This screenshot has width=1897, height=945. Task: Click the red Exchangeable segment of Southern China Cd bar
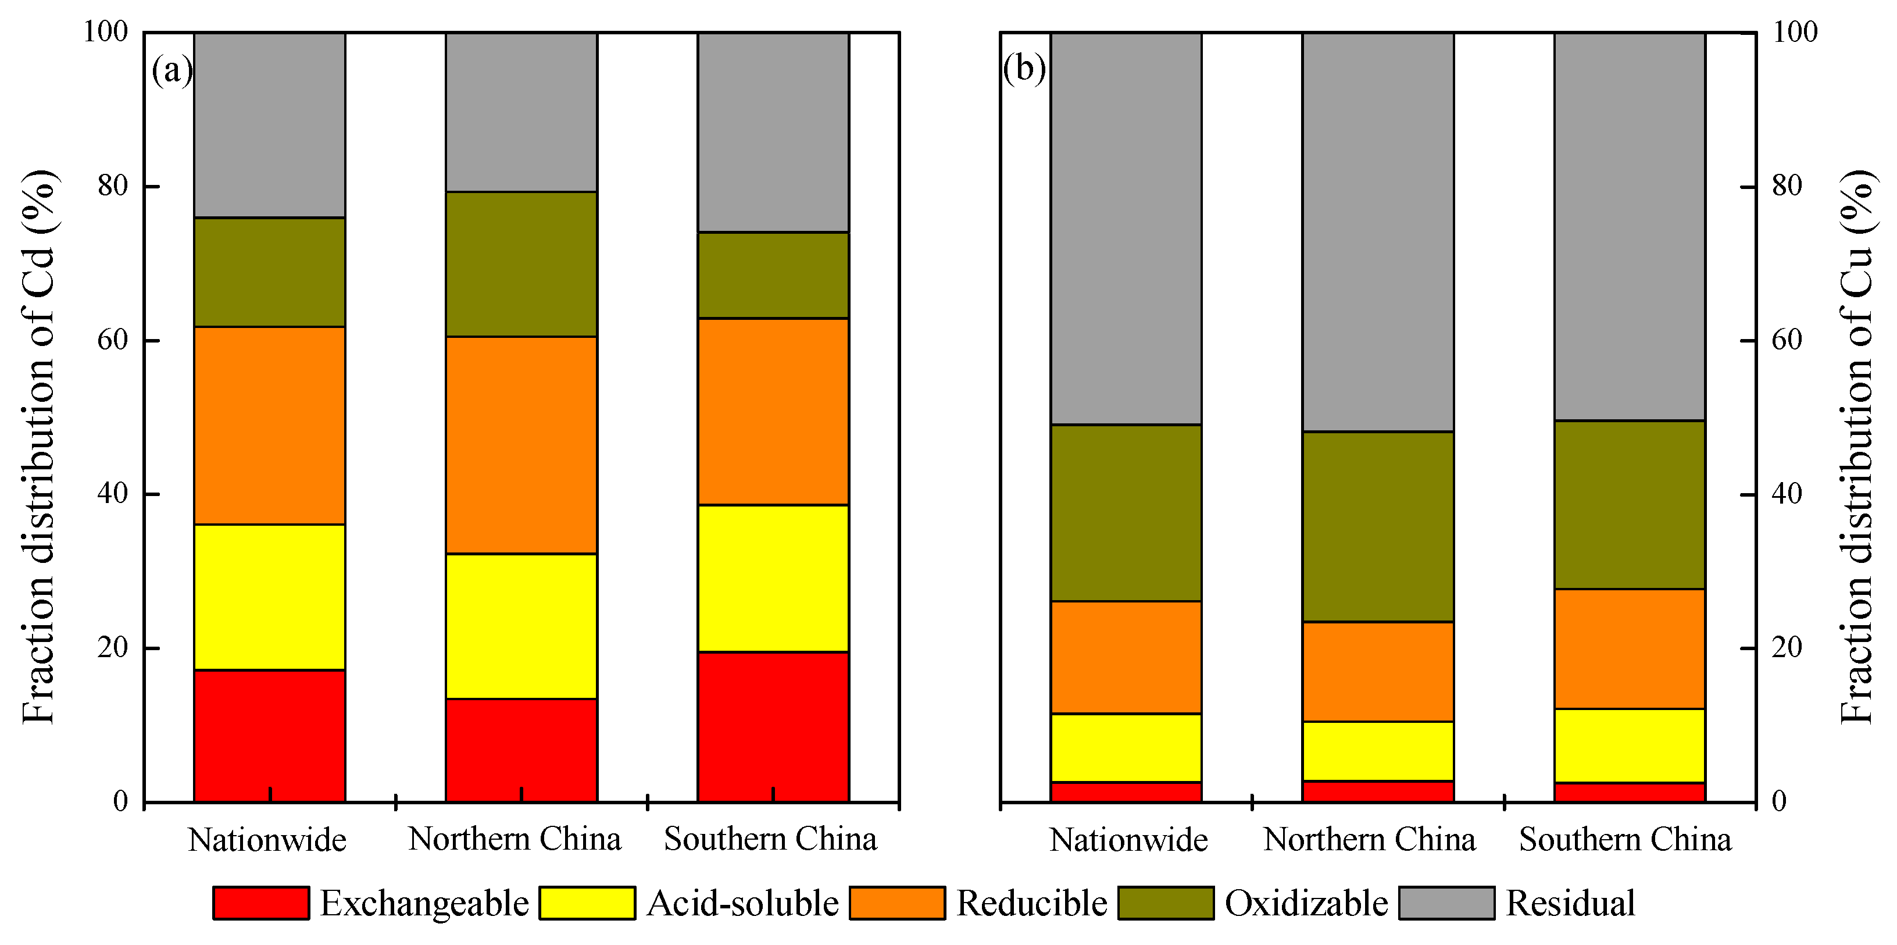(x=773, y=726)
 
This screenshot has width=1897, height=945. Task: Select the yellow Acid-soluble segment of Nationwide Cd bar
(x=270, y=597)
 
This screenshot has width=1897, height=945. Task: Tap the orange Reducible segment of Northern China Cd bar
(x=521, y=445)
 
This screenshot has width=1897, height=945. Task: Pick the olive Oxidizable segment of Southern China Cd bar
(x=773, y=274)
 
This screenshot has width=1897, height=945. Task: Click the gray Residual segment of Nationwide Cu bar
(x=1126, y=229)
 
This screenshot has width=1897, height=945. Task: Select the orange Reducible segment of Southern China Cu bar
(x=1630, y=648)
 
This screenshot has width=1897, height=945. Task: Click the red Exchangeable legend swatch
(x=260, y=903)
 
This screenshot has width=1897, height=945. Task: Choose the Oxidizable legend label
(x=1306, y=903)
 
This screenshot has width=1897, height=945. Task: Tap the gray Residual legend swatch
(x=1446, y=903)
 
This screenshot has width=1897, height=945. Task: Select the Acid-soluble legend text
(x=742, y=903)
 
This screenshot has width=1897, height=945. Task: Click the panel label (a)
(x=172, y=70)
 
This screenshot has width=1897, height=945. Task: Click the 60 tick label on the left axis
(x=113, y=340)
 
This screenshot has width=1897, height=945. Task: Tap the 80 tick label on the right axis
(x=1787, y=186)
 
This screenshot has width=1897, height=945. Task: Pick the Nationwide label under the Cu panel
(x=1128, y=840)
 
